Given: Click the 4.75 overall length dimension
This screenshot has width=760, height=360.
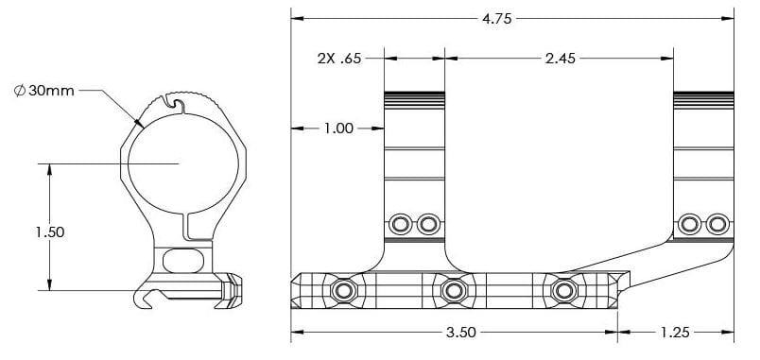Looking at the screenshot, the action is tap(497, 19).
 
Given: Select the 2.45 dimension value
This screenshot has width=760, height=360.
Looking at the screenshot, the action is tap(561, 59).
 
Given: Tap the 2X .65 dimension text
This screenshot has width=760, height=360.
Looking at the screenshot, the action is tap(339, 59).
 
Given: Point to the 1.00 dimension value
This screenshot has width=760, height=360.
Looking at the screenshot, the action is tap(338, 129).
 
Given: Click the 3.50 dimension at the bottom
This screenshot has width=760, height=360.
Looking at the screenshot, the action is tap(460, 333).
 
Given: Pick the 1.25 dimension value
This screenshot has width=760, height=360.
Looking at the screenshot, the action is tap(674, 333).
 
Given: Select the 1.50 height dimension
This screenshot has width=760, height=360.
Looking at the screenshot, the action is tap(49, 232).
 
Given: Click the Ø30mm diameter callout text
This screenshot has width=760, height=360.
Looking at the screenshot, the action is tap(44, 90).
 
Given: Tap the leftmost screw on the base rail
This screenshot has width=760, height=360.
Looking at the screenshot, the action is tap(344, 291).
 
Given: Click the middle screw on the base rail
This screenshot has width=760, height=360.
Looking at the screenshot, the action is tap(454, 291).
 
